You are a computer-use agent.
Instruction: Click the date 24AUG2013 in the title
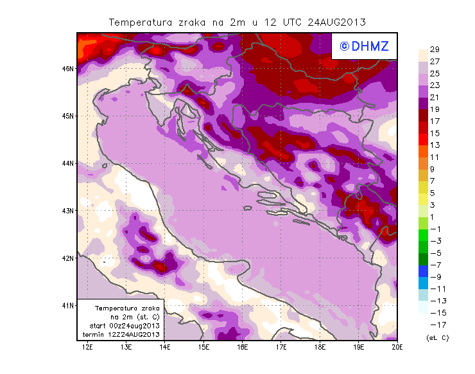pos(337,22)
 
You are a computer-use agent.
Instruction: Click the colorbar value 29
pos(434,49)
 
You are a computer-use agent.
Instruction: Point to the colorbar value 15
pos(434,133)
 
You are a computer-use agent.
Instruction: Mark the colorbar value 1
pos(434,217)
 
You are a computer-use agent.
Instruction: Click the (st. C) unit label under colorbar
pos(436,337)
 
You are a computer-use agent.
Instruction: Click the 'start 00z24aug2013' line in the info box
pos(120,326)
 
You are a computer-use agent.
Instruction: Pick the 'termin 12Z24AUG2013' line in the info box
pos(120,335)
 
